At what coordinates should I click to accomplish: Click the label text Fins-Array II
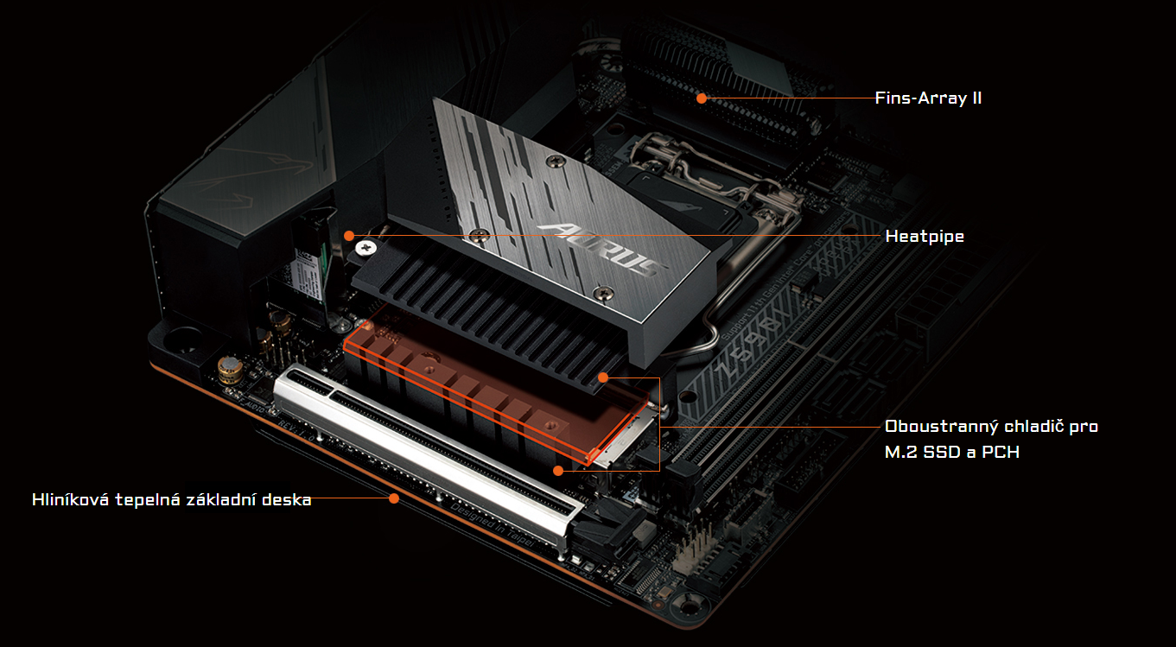[928, 98]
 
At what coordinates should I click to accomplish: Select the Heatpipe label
[925, 236]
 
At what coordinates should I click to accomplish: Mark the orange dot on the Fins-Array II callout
[702, 98]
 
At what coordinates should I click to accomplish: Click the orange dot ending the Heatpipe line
[349, 235]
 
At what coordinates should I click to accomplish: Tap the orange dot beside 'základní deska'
[394, 498]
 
